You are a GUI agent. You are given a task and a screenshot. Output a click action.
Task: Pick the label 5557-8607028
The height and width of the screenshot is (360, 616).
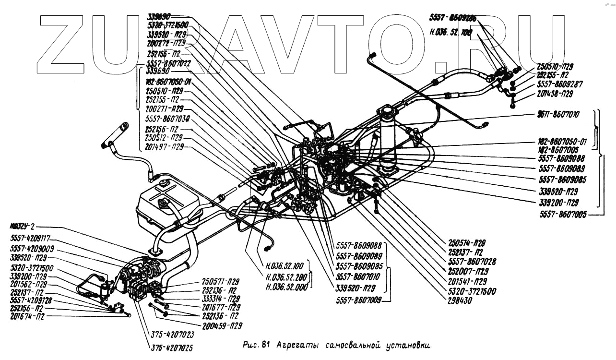472,262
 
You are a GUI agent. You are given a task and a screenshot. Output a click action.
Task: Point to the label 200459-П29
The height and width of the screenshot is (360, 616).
223,325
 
